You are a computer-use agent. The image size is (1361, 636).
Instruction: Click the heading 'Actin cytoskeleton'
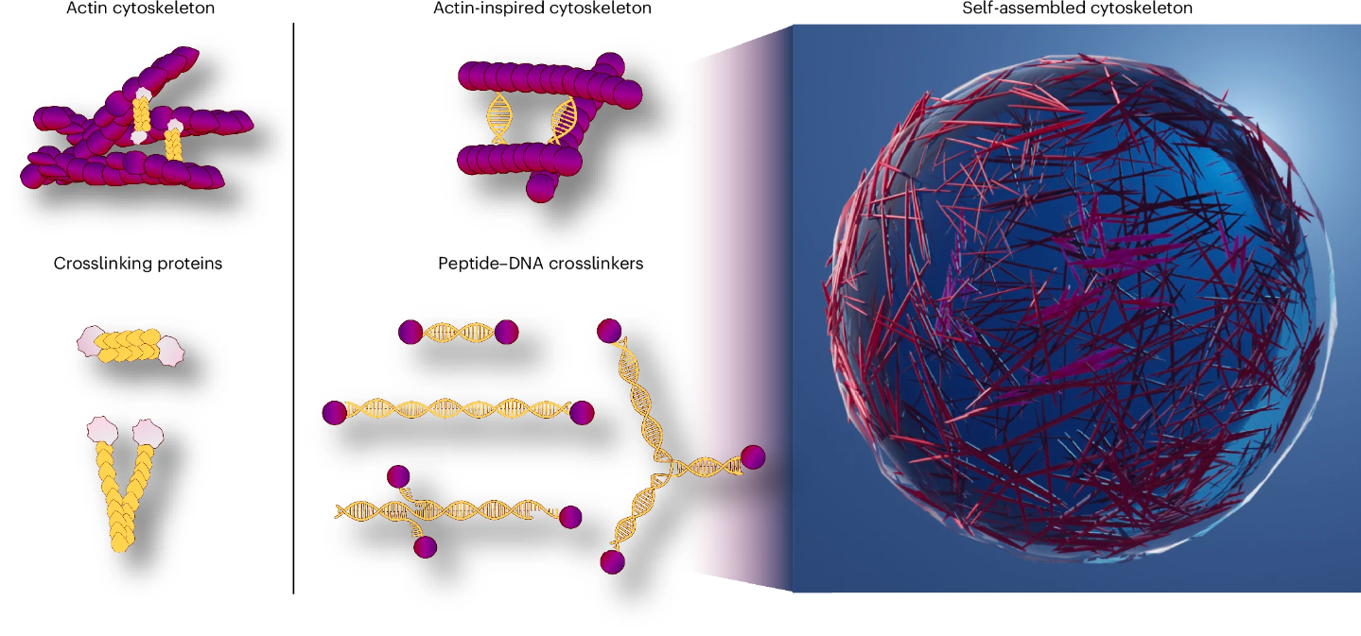point(140,9)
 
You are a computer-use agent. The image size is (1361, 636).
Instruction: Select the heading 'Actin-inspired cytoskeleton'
point(542,9)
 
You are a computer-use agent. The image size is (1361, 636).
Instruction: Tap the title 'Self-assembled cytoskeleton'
point(1077,9)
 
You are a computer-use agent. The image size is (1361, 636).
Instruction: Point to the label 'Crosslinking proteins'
point(138,264)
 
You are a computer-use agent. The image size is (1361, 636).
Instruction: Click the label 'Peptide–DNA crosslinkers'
point(541,264)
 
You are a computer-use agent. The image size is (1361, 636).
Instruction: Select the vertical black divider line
point(293,308)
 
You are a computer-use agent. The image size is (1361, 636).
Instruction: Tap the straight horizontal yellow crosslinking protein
point(131,346)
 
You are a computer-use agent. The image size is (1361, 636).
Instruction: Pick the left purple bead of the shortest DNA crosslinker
point(410,333)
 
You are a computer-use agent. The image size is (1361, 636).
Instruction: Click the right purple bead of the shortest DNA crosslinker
point(506,333)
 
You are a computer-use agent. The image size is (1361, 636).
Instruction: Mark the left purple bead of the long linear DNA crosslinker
point(334,413)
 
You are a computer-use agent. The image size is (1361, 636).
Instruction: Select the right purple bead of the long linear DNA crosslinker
point(582,413)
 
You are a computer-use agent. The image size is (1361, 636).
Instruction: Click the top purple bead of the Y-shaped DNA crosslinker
point(609,331)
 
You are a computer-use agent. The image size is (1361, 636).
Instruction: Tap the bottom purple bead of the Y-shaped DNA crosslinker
point(613,561)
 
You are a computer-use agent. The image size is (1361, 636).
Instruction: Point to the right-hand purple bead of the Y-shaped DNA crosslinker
point(753,457)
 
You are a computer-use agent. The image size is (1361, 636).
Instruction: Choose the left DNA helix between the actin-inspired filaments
point(498,119)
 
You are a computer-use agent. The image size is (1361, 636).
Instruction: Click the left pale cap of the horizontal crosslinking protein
point(89,341)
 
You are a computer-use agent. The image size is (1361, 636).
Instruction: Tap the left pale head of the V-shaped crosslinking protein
point(101,430)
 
